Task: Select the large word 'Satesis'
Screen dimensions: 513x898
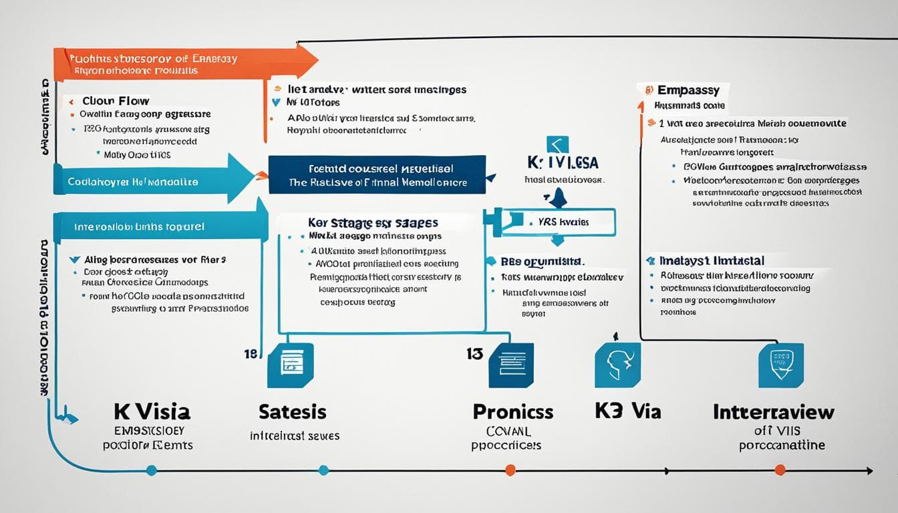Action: [x=293, y=411]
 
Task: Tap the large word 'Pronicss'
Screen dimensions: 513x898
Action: [x=512, y=411]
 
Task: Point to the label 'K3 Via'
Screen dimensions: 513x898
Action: [x=627, y=411]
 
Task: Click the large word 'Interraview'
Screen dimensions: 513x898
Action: [x=774, y=411]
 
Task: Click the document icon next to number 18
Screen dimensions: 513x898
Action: [x=290, y=365]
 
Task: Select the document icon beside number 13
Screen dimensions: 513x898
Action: [x=511, y=365]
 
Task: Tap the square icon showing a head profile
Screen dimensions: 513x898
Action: [x=617, y=365]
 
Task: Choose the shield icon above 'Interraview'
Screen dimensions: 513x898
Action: [x=781, y=365]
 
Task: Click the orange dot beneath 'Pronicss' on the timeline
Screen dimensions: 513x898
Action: [x=510, y=470]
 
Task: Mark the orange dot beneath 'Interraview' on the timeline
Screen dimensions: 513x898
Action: [x=780, y=470]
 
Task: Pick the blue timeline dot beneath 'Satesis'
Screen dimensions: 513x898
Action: [x=324, y=470]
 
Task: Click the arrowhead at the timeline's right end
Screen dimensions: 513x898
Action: [x=869, y=471]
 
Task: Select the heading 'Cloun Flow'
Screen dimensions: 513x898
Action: [x=115, y=102]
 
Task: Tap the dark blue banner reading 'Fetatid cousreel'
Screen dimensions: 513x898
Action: [x=377, y=175]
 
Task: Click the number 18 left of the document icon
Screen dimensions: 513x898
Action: [x=251, y=354]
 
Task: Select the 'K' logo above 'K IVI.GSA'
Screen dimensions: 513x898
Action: [x=557, y=145]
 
